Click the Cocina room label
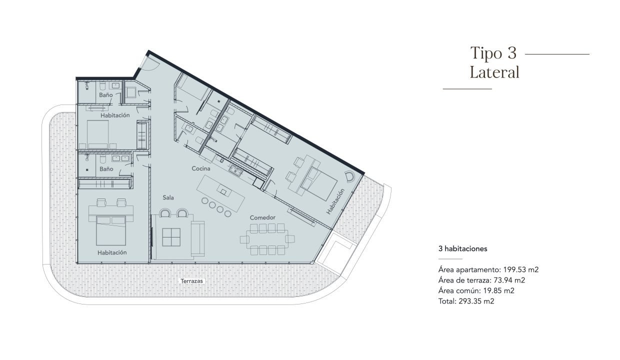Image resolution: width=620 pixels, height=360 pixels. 201,168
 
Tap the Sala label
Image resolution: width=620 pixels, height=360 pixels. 168,197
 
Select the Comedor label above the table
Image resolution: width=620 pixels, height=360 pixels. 262,218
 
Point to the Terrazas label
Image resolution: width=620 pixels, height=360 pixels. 192,281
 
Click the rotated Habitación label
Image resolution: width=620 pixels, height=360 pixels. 335,201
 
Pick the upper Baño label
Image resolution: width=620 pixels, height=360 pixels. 106,95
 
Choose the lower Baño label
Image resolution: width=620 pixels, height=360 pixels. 106,169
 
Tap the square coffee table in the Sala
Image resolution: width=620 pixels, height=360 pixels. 171,237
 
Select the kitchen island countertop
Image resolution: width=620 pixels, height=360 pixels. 220,193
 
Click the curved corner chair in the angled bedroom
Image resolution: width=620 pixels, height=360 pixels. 350,176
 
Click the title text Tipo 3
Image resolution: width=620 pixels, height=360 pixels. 493,52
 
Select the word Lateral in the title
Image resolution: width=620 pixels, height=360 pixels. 494,72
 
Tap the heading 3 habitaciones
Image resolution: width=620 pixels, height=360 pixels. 463,249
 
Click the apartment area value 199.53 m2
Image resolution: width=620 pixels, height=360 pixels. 521,269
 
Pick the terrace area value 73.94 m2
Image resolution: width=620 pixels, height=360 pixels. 509,280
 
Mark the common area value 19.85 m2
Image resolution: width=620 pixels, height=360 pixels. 499,290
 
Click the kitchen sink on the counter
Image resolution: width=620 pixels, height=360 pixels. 236,170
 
